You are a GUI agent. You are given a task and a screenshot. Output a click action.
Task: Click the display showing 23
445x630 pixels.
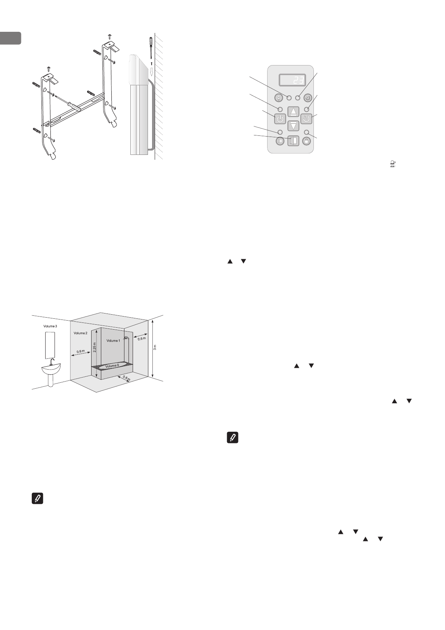pos(292,80)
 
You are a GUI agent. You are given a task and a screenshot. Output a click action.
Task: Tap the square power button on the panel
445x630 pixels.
pos(280,119)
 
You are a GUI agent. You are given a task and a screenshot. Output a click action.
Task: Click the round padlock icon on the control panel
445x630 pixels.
pos(306,141)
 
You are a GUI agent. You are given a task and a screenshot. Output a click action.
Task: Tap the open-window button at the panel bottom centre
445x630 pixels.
pos(293,141)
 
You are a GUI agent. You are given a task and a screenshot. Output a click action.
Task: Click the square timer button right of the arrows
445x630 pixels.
pos(306,119)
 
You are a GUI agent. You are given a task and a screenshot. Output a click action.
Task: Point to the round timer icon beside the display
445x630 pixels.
pos(308,98)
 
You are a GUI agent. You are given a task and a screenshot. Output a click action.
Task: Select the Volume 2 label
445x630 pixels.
pos(80,333)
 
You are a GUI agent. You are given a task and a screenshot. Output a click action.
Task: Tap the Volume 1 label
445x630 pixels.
pos(113,341)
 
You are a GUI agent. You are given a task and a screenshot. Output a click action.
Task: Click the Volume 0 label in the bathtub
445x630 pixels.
pos(112,366)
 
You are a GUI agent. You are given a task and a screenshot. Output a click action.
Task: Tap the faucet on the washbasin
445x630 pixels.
pos(52,362)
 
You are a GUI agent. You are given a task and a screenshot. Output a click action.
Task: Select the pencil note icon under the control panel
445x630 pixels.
pos(233,438)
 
